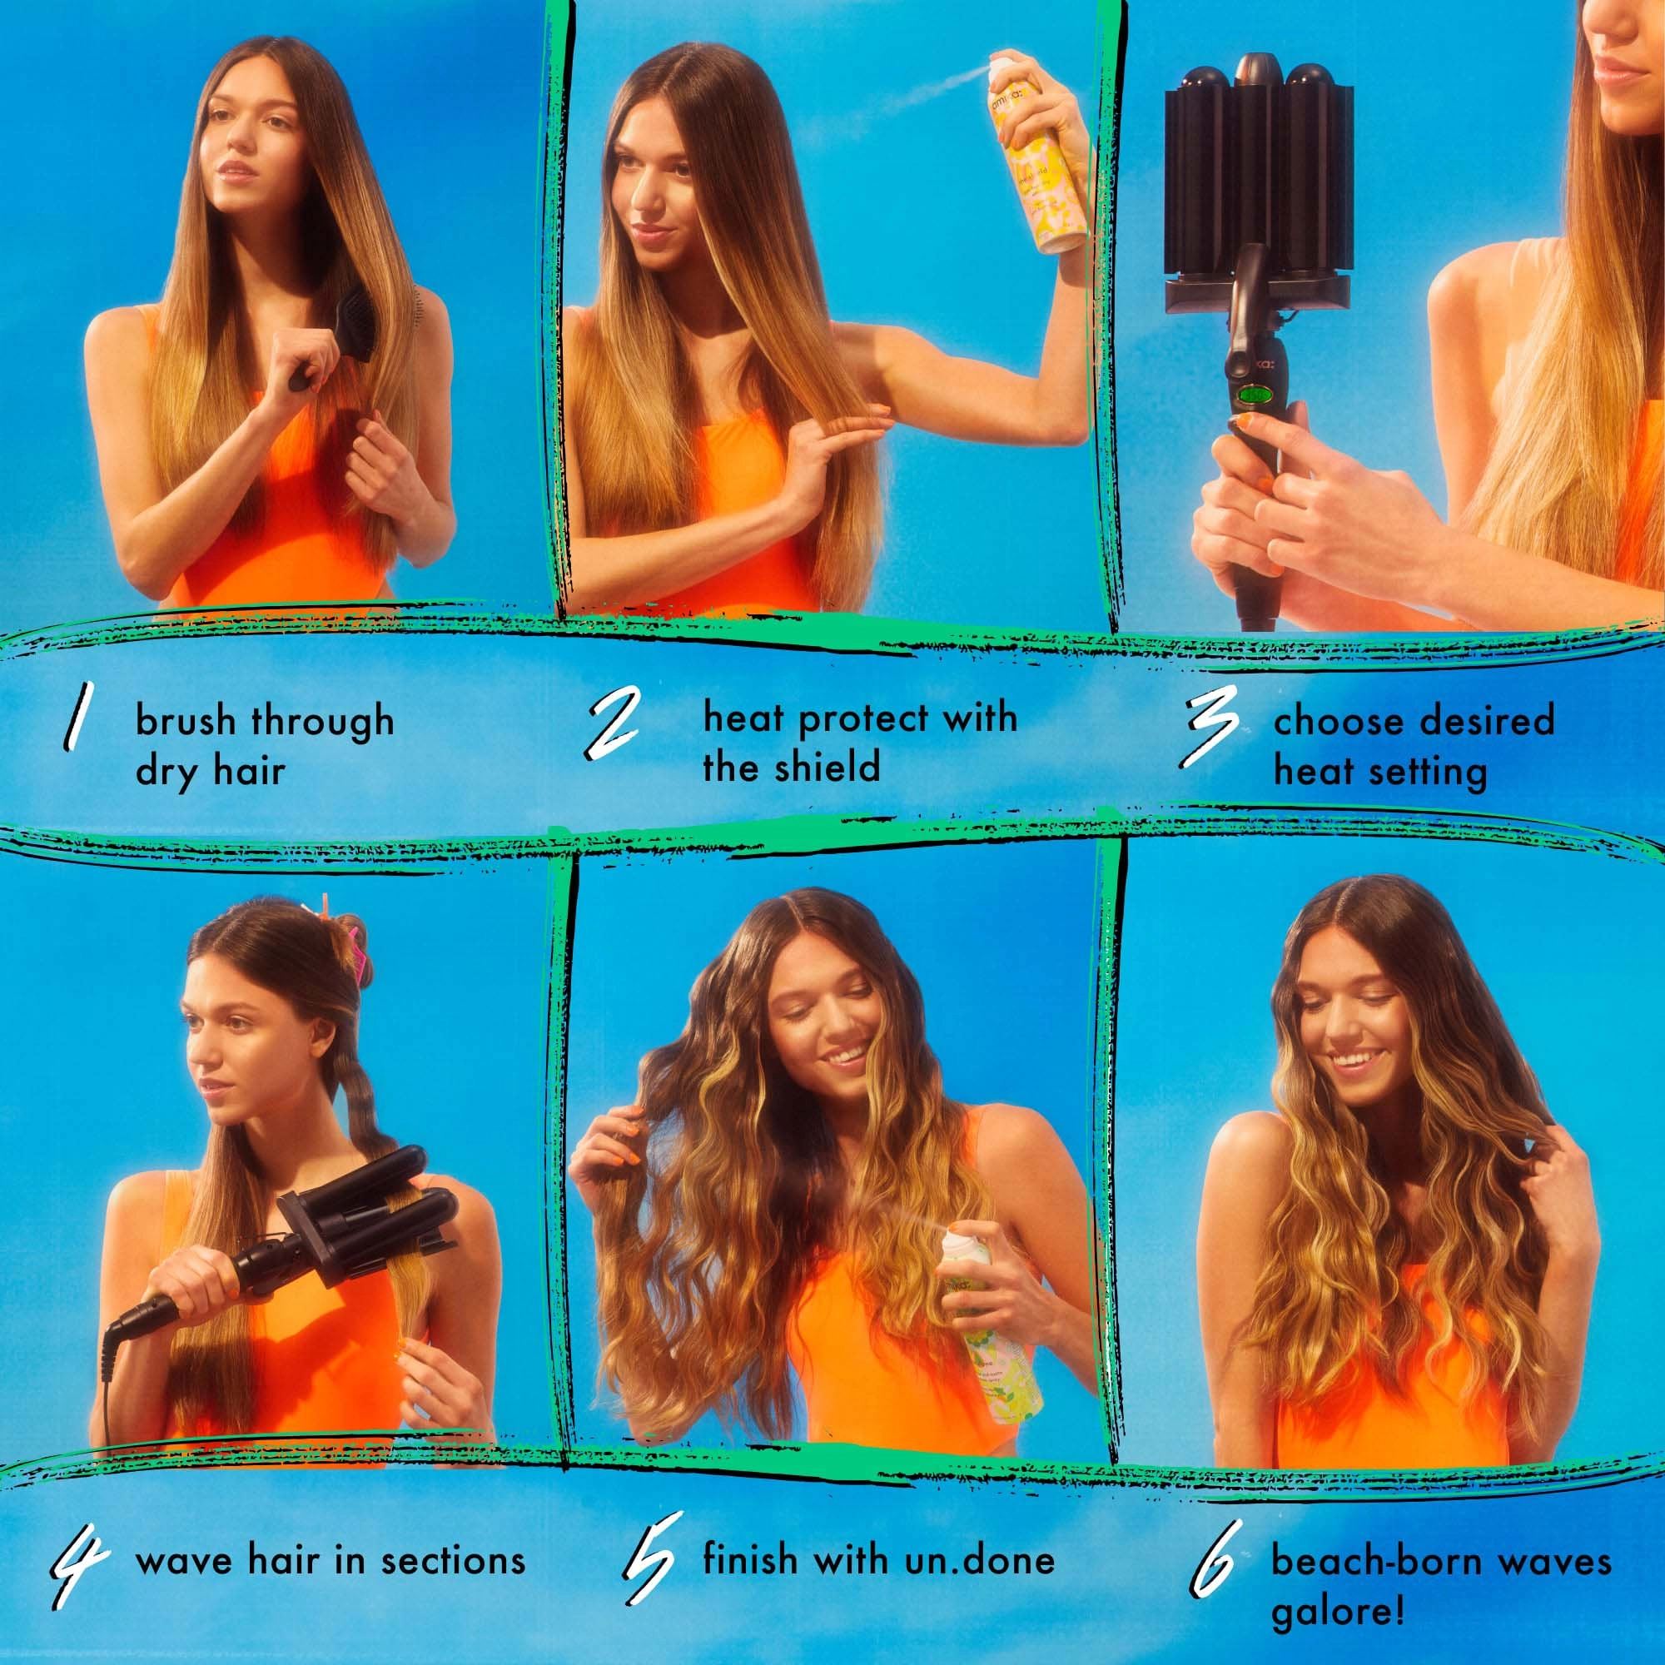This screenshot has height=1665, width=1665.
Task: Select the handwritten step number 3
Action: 1210,738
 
